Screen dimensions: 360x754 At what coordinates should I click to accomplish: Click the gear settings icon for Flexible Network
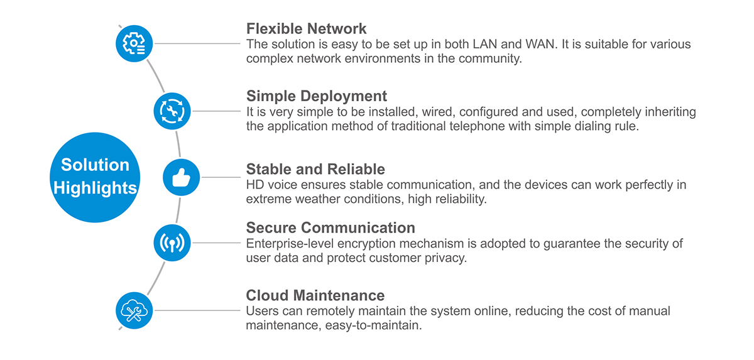(134, 43)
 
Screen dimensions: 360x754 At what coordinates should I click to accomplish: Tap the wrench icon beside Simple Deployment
(172, 111)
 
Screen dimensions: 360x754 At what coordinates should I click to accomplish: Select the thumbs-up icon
(181, 177)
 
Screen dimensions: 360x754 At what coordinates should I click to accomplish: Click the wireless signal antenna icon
(172, 243)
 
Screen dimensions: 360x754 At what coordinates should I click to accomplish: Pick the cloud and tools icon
(134, 310)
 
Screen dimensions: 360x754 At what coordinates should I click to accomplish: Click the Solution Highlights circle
(95, 177)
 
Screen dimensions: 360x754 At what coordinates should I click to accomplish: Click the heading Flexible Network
(306, 29)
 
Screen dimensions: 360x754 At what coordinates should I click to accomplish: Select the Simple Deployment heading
(316, 96)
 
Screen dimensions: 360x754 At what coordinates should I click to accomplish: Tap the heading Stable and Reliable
(315, 169)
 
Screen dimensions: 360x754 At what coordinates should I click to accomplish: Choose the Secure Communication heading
(331, 227)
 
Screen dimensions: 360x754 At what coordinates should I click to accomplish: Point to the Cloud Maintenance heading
(315, 295)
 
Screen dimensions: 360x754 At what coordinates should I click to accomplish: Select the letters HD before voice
(255, 185)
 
